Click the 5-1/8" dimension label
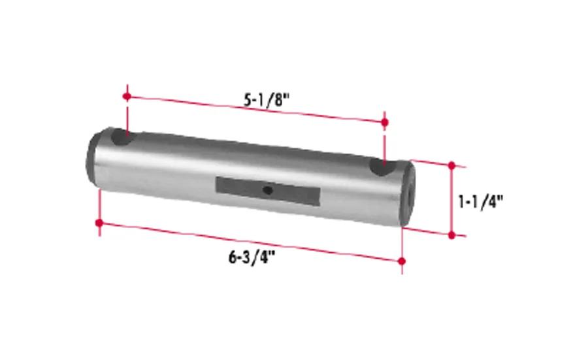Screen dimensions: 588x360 [x=267, y=100]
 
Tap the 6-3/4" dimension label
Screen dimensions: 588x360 [x=252, y=257]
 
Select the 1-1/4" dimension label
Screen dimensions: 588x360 [x=480, y=202]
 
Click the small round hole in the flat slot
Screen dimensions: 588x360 [x=267, y=190]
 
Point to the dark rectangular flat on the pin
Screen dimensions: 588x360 [x=268, y=191]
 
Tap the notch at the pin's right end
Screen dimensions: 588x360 [x=382, y=167]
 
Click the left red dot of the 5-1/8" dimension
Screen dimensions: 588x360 [x=127, y=97]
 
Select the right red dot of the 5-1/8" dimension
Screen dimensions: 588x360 [x=384, y=122]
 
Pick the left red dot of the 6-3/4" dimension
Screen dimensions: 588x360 [x=99, y=223]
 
